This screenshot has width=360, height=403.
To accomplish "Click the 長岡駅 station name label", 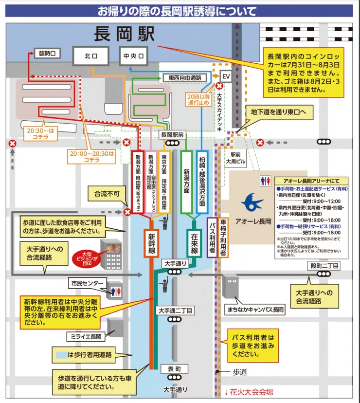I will [x=125, y=35].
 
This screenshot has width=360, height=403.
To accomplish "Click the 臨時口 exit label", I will [x=47, y=53].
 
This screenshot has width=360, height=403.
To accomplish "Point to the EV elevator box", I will [x=225, y=76].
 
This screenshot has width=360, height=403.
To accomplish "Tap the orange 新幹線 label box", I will [x=151, y=241].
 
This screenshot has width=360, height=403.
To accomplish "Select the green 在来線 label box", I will [x=194, y=241].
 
